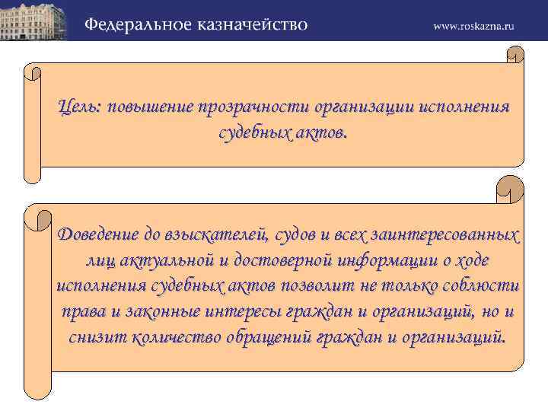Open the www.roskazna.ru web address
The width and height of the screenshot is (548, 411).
point(474,25)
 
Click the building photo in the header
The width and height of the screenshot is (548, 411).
point(36,21)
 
